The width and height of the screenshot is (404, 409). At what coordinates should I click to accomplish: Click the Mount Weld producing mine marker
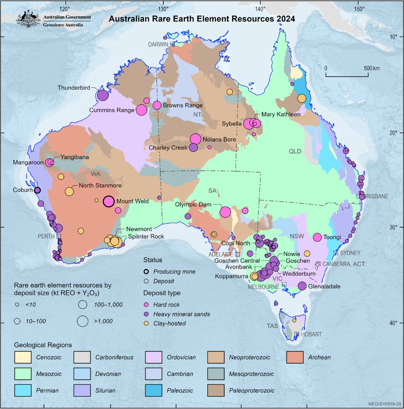pos(109,201)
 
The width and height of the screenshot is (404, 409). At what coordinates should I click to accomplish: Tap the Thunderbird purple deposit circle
pos(103,95)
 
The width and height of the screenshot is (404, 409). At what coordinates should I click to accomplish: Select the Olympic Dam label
pos(193,204)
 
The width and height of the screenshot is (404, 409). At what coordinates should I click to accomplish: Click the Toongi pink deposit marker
pos(318,237)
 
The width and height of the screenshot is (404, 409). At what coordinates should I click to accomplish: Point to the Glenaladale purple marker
pos(302,286)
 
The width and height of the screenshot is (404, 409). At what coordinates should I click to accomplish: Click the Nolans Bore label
pos(219,139)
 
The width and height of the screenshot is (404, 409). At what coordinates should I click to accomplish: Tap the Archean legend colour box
pos(294,357)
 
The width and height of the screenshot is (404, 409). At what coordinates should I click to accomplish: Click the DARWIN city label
pos(158,44)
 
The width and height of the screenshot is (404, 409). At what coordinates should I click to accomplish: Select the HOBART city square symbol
pos(297,334)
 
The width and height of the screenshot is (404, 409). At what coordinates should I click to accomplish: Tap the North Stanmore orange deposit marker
pos(69,192)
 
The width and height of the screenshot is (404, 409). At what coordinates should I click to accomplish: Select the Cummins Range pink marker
pos(141,110)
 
